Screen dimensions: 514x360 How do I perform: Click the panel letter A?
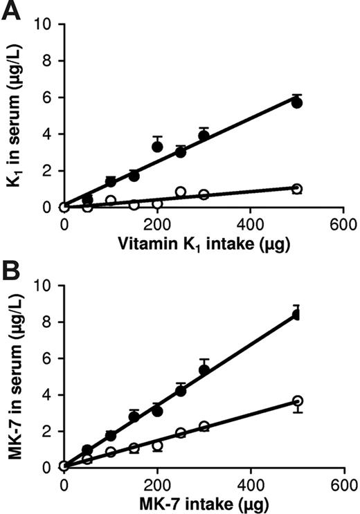pos(11,12)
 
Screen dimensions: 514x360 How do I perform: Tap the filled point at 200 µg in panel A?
pos(157,147)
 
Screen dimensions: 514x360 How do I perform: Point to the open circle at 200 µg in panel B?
pos(157,446)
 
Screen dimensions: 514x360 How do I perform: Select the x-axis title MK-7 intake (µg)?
pos(204,502)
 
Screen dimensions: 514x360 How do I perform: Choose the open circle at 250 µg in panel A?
pos(181,192)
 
